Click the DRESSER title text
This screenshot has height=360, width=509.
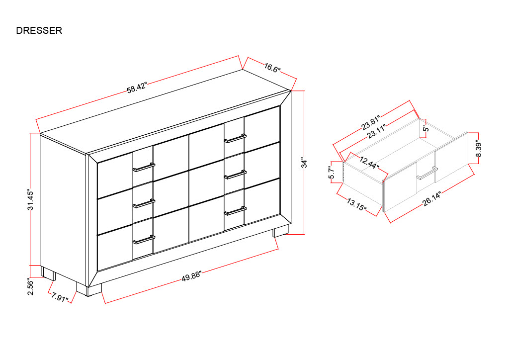point(39,30)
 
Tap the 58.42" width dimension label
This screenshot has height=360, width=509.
point(137,88)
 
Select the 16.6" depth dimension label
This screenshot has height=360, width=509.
point(272,68)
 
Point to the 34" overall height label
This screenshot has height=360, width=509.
point(304,163)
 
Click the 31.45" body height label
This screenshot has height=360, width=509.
point(30,200)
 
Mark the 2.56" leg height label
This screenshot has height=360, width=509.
point(30,286)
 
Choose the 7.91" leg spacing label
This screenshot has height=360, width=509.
point(60,297)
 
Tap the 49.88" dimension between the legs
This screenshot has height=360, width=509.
point(191,276)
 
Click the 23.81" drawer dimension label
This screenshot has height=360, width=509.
point(371,122)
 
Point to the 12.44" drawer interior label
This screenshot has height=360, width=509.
point(369,163)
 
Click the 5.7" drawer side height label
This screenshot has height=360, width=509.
point(332,173)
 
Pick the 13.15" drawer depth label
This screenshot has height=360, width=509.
point(357,204)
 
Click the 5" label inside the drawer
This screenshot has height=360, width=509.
point(426,128)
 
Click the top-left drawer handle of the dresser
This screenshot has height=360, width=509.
point(144,167)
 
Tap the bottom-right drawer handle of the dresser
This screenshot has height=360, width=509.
point(235,211)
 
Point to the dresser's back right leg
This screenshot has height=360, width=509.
point(280,231)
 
